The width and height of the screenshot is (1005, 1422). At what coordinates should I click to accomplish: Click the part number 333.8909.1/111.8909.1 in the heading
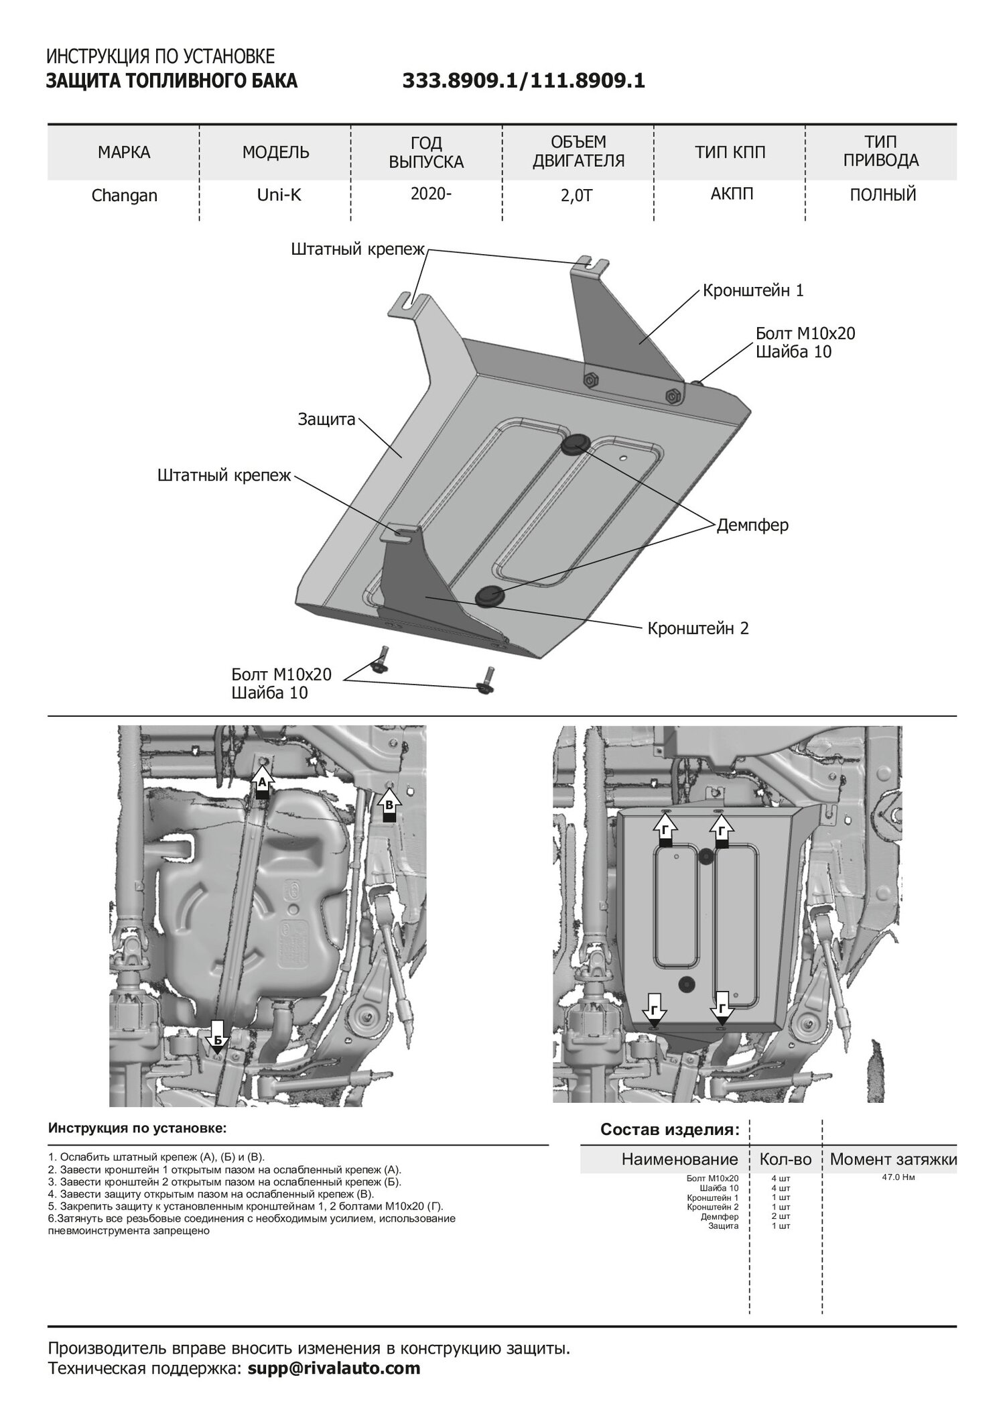click(523, 81)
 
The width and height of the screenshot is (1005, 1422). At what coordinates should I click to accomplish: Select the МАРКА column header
click(124, 153)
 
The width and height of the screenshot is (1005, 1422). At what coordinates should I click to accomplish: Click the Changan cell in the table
click(124, 196)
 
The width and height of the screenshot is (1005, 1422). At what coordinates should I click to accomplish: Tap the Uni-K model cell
click(275, 195)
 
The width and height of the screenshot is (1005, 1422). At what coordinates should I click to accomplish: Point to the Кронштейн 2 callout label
click(697, 628)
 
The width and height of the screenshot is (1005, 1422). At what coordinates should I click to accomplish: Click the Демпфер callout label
click(752, 525)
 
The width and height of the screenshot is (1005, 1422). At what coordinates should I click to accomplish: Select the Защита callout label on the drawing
click(326, 420)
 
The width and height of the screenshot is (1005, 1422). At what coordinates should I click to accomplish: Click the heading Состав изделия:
click(670, 1130)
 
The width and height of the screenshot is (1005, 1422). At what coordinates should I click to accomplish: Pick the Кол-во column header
click(785, 1159)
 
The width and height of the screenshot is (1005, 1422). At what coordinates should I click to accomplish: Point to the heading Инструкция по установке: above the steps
click(137, 1128)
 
